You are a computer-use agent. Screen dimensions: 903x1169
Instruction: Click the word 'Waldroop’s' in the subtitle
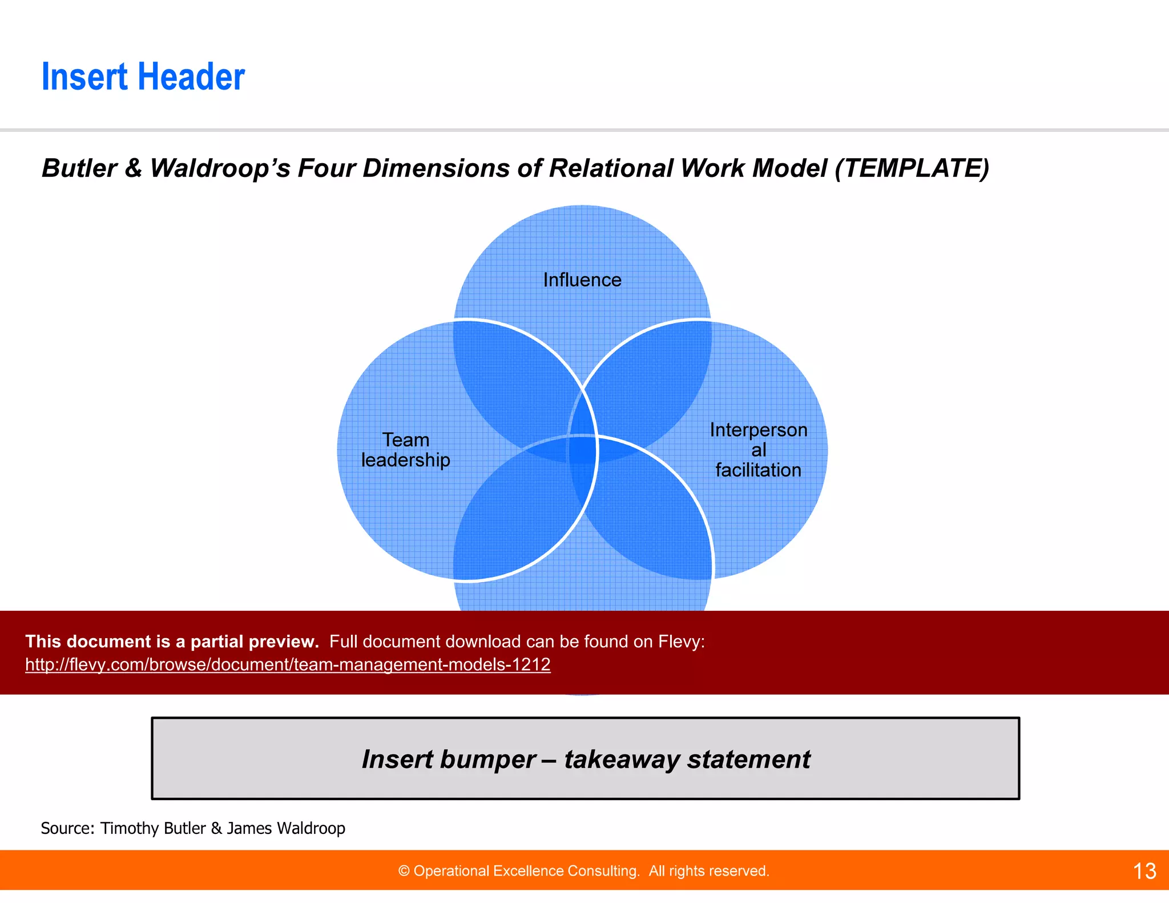pos(220,168)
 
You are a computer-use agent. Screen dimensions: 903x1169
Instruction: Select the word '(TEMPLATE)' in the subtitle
pos(912,168)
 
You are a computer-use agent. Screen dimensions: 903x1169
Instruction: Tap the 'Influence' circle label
pos(582,280)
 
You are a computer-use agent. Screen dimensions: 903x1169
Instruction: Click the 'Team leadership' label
pos(405,450)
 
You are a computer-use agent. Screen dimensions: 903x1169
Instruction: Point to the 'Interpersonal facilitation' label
pos(758,450)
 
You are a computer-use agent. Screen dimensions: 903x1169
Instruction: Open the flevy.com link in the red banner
pos(288,664)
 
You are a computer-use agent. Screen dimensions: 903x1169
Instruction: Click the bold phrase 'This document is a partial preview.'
pos(172,642)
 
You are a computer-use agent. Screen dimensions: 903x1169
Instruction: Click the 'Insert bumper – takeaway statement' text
pos(586,759)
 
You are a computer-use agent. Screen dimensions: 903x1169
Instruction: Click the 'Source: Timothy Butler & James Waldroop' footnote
pos(193,828)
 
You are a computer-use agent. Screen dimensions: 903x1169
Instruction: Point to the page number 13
pos(1144,871)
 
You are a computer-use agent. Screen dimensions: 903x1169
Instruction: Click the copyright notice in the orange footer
pos(583,871)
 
